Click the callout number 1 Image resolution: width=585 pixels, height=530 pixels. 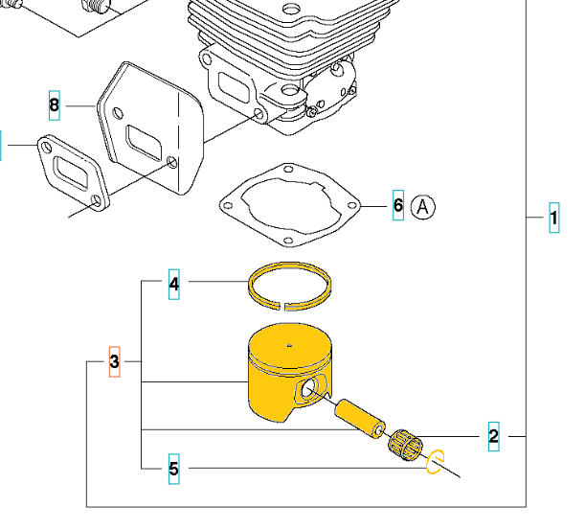[x=553, y=219]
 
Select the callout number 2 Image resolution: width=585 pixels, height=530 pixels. [x=493, y=437]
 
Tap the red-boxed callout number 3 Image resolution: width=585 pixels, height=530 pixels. [x=114, y=361]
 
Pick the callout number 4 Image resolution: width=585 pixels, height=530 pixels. [x=173, y=283]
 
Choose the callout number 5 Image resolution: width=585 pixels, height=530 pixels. [x=173, y=469]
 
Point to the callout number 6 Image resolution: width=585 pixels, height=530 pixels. [x=398, y=206]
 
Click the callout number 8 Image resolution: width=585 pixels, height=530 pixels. [x=54, y=104]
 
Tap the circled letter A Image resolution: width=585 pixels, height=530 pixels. [x=423, y=206]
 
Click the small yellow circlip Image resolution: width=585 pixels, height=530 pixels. [x=435, y=461]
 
